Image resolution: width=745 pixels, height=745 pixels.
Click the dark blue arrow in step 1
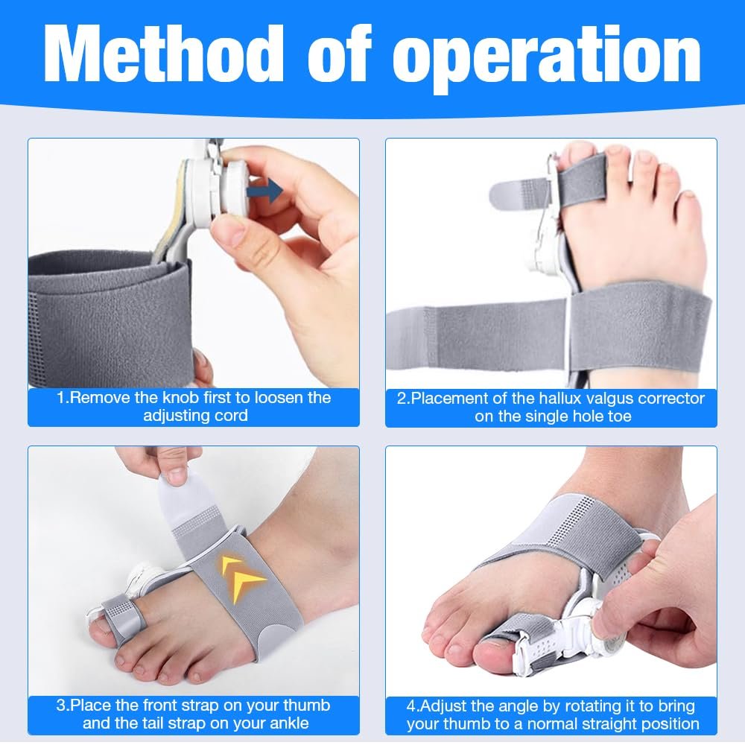(x=269, y=191)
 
